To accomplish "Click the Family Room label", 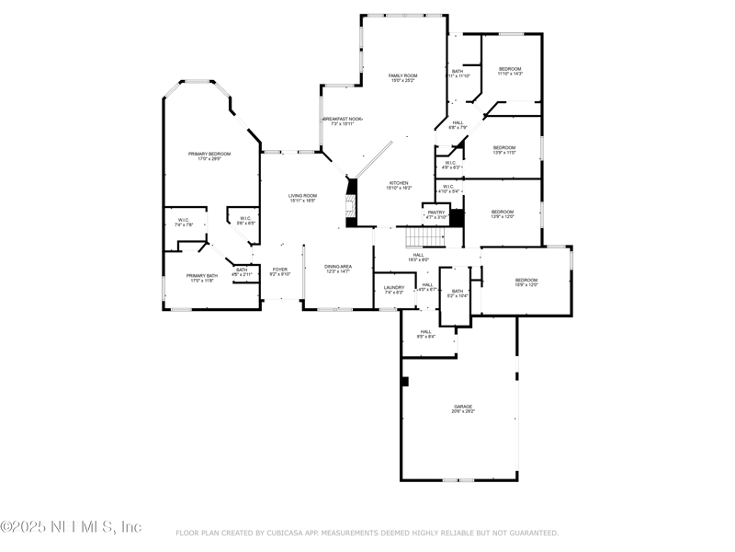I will pos(402,77).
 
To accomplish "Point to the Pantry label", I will pos(436,213).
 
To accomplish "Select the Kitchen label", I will pos(398,185).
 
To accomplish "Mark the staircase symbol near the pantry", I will pos(424,238).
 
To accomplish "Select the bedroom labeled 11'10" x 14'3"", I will pos(510,71).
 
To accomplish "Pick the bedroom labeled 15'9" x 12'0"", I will pos(526,282).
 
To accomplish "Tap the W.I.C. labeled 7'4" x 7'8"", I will pos(184,222).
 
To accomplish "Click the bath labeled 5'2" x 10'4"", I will pos(457,293).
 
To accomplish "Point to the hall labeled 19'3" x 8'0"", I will pos(418,258).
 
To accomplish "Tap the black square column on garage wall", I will pos(404,381).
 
